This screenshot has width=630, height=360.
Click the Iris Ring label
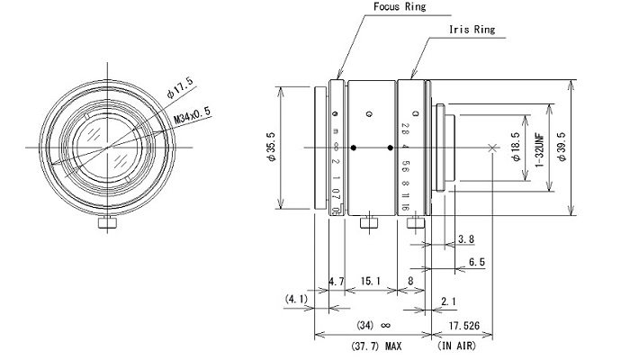[x=472, y=30]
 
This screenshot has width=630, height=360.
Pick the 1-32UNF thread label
[x=539, y=148]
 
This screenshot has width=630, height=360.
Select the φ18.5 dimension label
[x=514, y=147]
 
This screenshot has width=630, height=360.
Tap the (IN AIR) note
[x=457, y=345]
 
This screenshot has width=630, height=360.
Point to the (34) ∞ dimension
[x=372, y=325]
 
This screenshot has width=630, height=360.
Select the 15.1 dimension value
[x=370, y=282]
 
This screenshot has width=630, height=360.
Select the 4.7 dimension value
[x=337, y=282]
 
